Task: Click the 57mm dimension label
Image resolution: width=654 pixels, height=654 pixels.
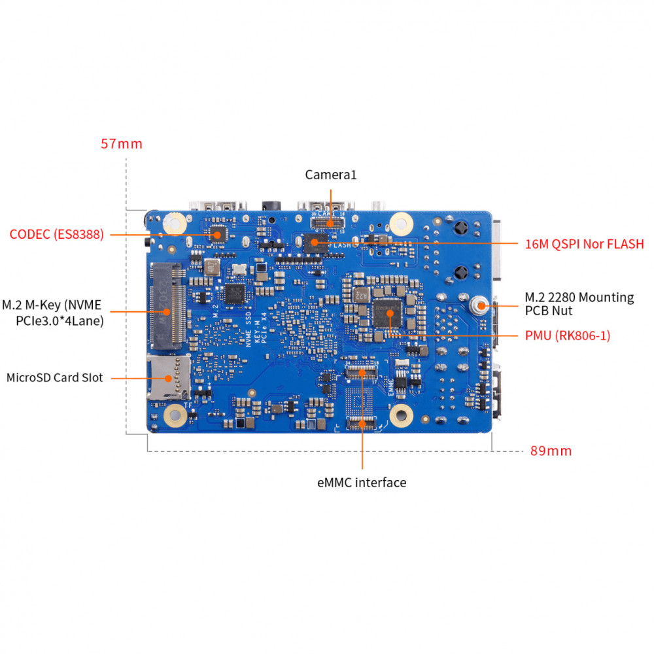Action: [x=122, y=144]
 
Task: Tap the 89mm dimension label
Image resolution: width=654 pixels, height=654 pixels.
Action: [x=551, y=451]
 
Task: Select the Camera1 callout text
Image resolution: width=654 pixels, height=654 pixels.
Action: [x=331, y=175]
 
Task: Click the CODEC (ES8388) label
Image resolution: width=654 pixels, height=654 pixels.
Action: [x=56, y=234]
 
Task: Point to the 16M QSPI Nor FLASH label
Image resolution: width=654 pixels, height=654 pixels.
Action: [x=584, y=244]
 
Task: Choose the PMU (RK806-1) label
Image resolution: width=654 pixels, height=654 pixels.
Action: [x=568, y=336]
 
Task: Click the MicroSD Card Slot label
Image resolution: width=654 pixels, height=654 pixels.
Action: [x=55, y=377]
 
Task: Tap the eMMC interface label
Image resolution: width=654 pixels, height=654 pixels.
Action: [x=362, y=483]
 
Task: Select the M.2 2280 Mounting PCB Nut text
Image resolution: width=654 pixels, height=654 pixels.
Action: [x=579, y=304]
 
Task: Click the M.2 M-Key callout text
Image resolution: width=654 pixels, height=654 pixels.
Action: [x=52, y=313]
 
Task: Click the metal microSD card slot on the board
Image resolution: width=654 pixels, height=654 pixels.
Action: [x=169, y=377]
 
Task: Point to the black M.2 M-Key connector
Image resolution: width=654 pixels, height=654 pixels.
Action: [x=167, y=307]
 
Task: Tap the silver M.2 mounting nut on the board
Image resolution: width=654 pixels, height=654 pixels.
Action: [x=479, y=305]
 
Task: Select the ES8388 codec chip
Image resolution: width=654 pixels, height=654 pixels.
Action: [x=218, y=234]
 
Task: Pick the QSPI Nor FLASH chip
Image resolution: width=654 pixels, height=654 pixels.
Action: [x=316, y=243]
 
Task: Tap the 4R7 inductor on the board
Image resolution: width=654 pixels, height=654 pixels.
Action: [x=212, y=267]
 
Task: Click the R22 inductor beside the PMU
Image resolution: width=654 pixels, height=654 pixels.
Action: [x=361, y=295]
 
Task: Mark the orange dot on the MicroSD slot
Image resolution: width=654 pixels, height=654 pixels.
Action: [x=168, y=378]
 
